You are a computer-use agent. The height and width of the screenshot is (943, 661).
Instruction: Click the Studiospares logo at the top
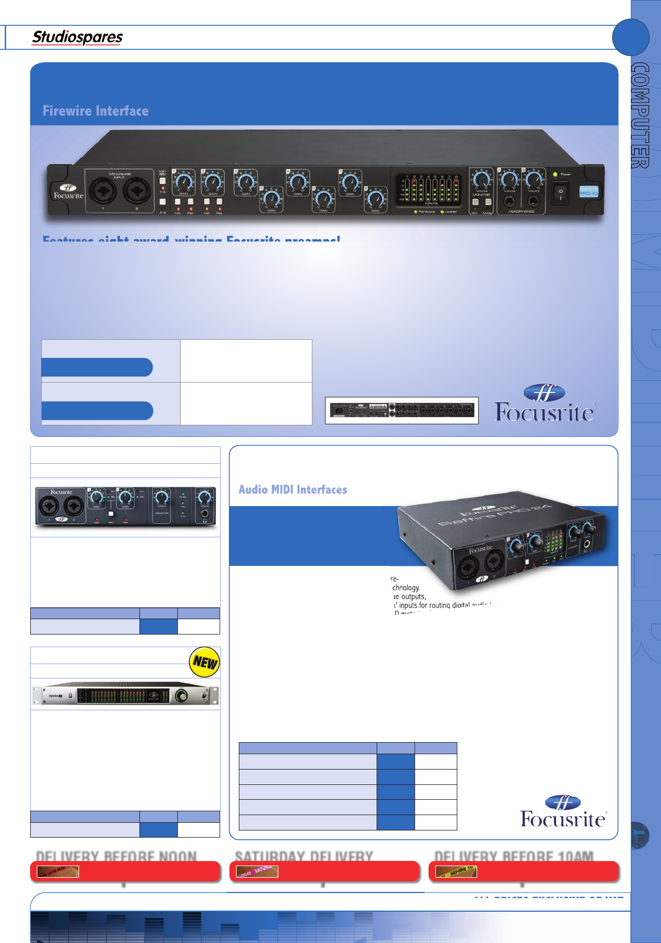coord(77,37)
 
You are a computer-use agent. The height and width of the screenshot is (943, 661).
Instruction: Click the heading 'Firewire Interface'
coord(96,111)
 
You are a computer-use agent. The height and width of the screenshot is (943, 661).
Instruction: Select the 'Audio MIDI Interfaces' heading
coord(293,490)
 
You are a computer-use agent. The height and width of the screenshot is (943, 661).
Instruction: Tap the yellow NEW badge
coord(204,662)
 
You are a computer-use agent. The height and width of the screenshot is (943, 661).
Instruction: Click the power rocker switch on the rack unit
coord(560,194)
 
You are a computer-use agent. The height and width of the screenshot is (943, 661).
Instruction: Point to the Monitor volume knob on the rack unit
coord(481,179)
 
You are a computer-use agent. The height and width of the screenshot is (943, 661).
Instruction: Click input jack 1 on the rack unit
coord(103,191)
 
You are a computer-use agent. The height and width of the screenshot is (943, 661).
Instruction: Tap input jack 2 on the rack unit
coord(136,191)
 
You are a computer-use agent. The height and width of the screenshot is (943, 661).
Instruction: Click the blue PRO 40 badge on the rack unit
coord(589,191)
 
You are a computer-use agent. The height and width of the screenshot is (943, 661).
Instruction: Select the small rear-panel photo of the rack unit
coord(402,410)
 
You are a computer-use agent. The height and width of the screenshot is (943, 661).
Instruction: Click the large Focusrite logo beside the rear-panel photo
coord(545,404)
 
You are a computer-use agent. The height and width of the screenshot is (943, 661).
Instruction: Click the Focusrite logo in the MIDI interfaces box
coord(563,811)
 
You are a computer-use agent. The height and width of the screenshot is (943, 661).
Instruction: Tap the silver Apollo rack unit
coord(125,695)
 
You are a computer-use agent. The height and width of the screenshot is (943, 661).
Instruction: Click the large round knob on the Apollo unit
coord(181,696)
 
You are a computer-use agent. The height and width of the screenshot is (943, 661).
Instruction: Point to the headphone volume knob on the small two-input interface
coord(205,497)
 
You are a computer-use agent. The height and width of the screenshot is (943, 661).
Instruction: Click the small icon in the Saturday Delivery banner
coord(257,871)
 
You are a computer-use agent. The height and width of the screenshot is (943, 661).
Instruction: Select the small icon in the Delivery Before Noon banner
coord(58,871)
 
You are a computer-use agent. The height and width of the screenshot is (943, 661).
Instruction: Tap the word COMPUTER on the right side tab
coord(641,115)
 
